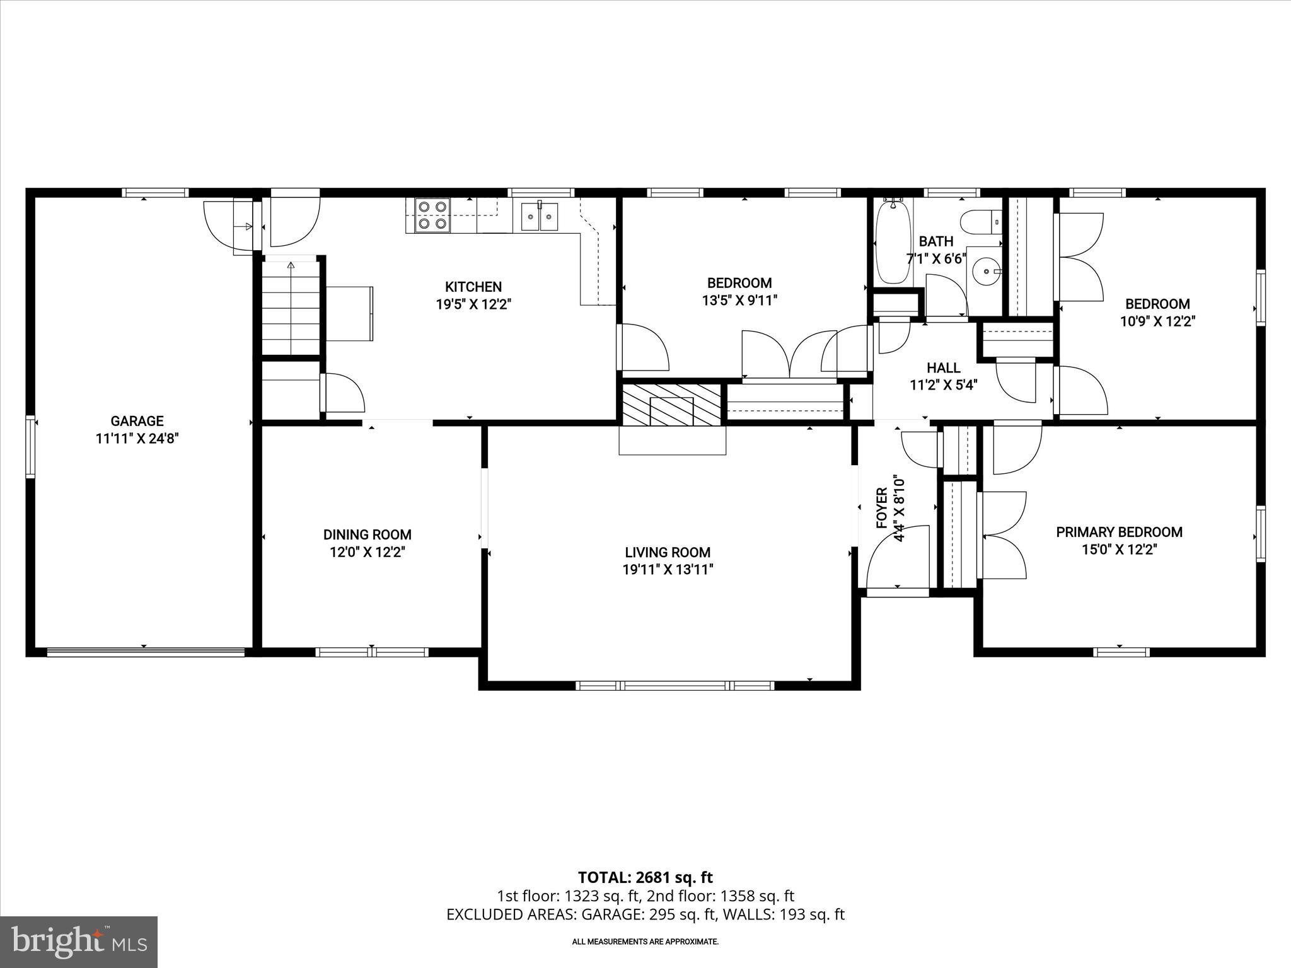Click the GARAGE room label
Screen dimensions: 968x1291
137,421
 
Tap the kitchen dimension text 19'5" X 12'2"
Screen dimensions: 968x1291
473,304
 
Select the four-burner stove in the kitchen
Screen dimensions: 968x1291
432,215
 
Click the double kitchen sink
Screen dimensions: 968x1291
539,217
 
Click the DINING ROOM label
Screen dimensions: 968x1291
367,534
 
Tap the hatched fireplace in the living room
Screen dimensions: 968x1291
671,404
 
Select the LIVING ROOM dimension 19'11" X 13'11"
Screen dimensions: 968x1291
668,570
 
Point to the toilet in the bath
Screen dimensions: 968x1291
980,222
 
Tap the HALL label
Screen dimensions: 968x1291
943,368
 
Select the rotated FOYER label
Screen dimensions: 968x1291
882,508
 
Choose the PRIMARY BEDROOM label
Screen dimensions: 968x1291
1119,532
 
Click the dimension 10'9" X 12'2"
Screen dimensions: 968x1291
1157,321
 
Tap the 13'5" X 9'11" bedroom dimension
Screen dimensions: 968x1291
739,301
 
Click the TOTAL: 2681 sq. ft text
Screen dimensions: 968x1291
645,877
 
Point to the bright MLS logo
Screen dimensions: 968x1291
79,942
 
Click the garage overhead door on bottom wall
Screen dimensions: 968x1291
146,652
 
